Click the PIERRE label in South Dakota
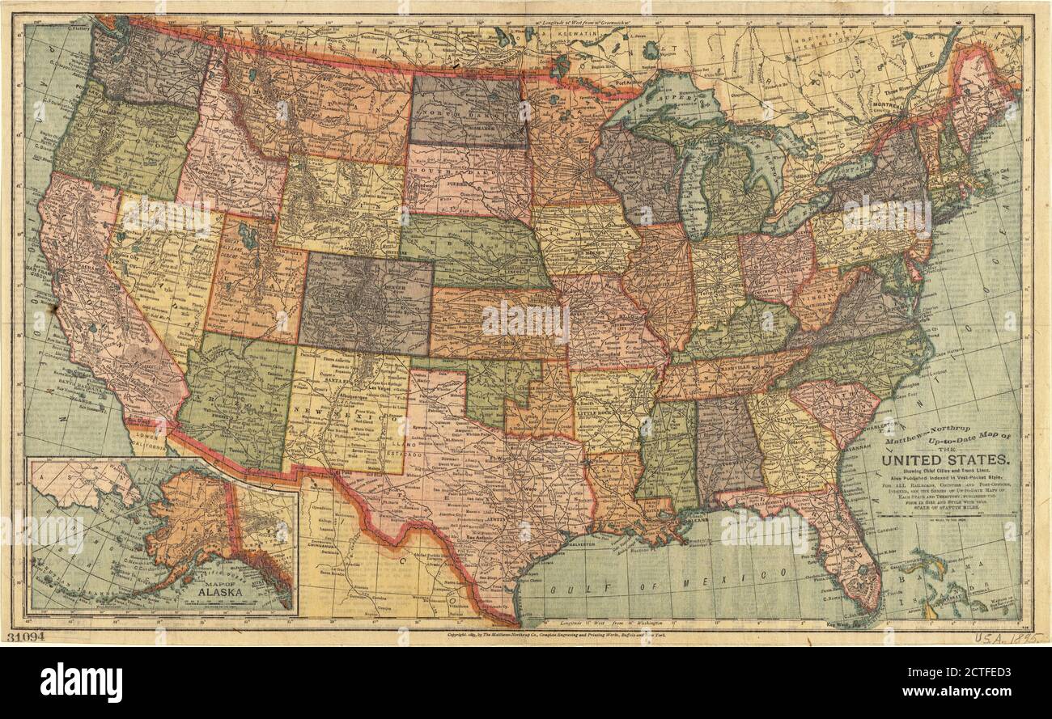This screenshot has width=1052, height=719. coord(462,185)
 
